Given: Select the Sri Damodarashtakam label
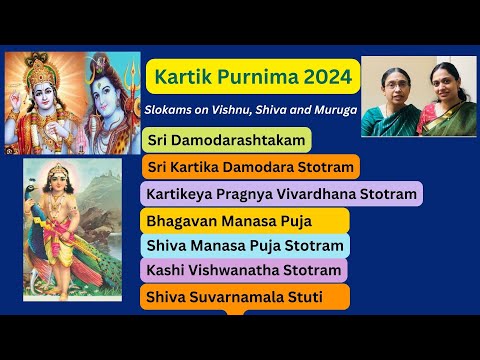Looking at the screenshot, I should coord(226,140).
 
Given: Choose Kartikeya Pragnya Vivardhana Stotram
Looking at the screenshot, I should coord(283,193).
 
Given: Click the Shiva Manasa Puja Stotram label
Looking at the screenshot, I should coord(246,245).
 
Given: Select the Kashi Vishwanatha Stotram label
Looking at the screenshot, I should coord(245,270).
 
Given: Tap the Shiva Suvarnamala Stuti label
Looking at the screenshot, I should coord(246,296).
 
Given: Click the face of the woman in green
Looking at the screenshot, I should coord(387,86).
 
